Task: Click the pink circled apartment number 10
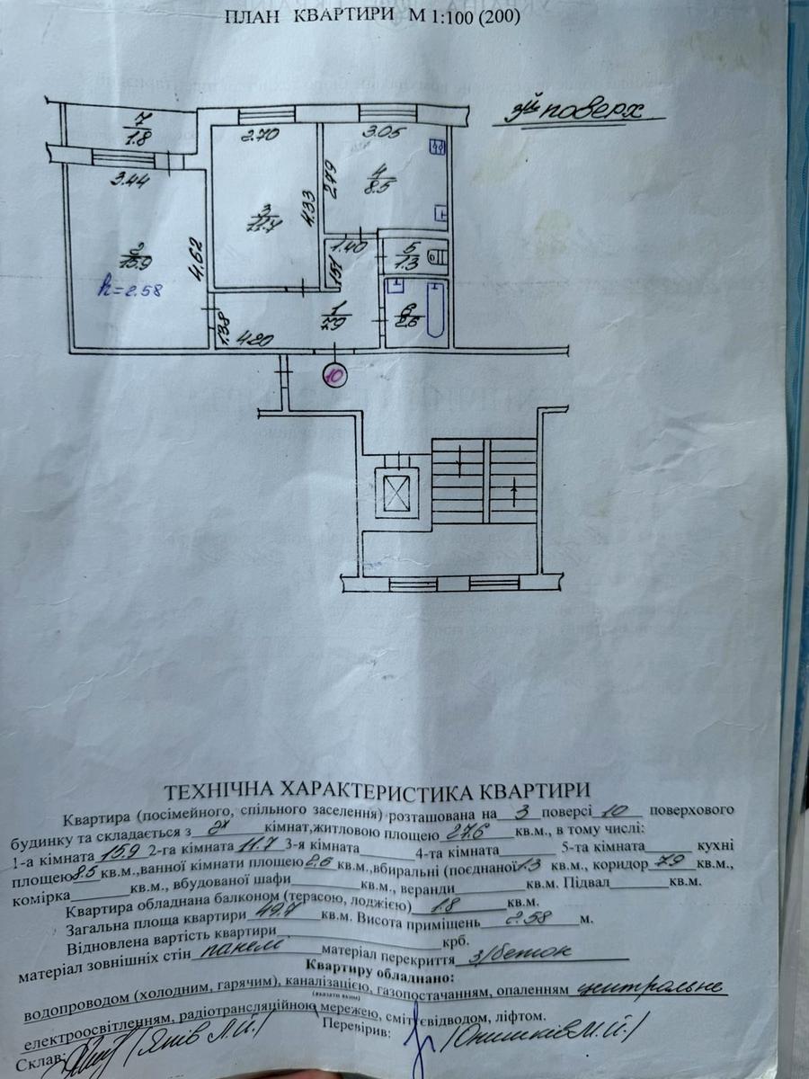(334, 373)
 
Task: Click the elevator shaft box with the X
(396, 493)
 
